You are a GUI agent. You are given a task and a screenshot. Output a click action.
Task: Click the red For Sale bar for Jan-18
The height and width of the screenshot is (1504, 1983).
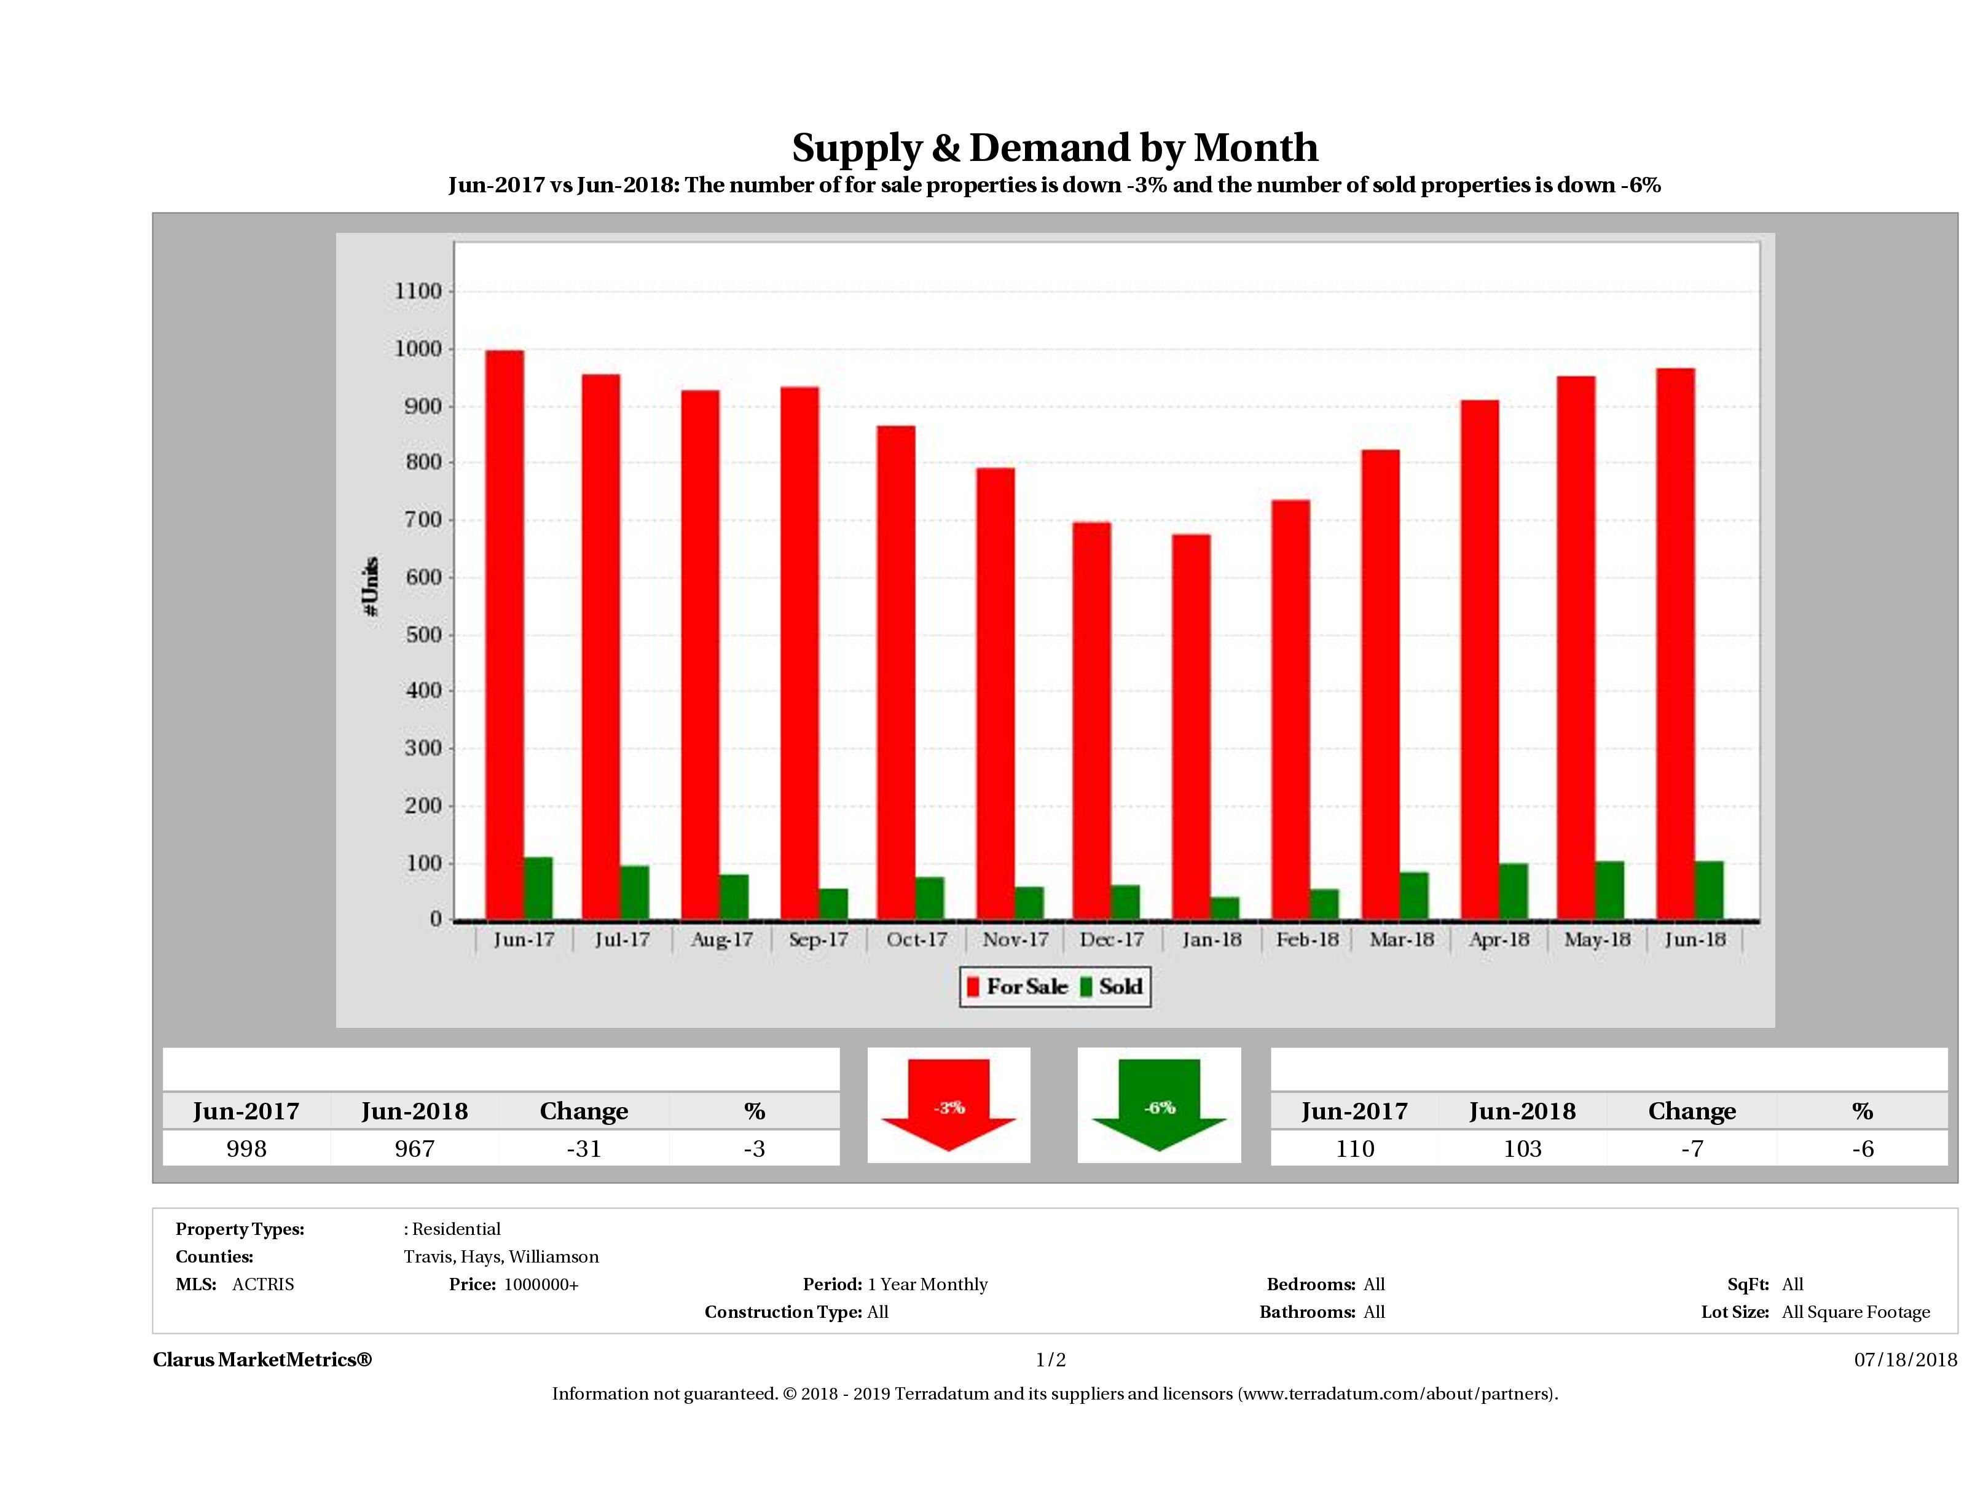(x=1190, y=726)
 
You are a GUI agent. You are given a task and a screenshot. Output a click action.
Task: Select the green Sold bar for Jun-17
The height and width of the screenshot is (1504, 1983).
(x=538, y=887)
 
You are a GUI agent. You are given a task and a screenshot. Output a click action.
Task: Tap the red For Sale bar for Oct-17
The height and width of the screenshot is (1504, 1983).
(x=895, y=672)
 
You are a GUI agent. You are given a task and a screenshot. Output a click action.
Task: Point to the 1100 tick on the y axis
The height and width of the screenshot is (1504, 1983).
(x=418, y=291)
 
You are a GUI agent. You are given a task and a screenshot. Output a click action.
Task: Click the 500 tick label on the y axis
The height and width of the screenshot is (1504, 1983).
(x=418, y=635)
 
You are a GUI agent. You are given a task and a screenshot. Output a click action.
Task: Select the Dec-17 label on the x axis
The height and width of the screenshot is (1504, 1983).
(x=1112, y=939)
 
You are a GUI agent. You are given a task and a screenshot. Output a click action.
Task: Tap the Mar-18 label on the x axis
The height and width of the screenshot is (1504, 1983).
(x=1401, y=939)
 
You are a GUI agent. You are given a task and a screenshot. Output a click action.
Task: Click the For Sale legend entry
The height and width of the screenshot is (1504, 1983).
(x=1018, y=987)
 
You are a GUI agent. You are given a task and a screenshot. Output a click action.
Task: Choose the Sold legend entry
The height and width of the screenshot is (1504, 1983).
(x=1112, y=987)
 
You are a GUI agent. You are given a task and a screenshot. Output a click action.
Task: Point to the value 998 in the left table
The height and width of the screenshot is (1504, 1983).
(x=246, y=1148)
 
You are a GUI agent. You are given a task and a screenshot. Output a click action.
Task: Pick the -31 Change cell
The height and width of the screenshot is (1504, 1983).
(x=584, y=1148)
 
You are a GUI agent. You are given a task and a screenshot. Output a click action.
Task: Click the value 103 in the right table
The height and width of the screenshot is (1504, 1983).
(x=1522, y=1148)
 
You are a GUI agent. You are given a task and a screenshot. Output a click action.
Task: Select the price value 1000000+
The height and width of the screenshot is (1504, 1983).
(x=541, y=1285)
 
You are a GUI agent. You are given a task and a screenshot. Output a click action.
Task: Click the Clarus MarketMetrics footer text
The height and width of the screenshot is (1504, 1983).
(x=262, y=1360)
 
